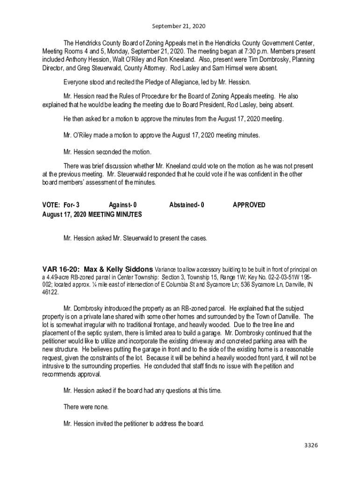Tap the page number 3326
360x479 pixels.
click(310, 445)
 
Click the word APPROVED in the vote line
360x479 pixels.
click(249, 205)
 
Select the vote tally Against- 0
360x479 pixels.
click(122, 205)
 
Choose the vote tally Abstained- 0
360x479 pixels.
click(187, 205)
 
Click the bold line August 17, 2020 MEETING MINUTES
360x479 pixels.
click(92, 214)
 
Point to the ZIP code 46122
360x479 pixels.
click(50, 292)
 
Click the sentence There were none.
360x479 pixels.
click(88, 407)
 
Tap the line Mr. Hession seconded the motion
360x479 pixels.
click(108, 152)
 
